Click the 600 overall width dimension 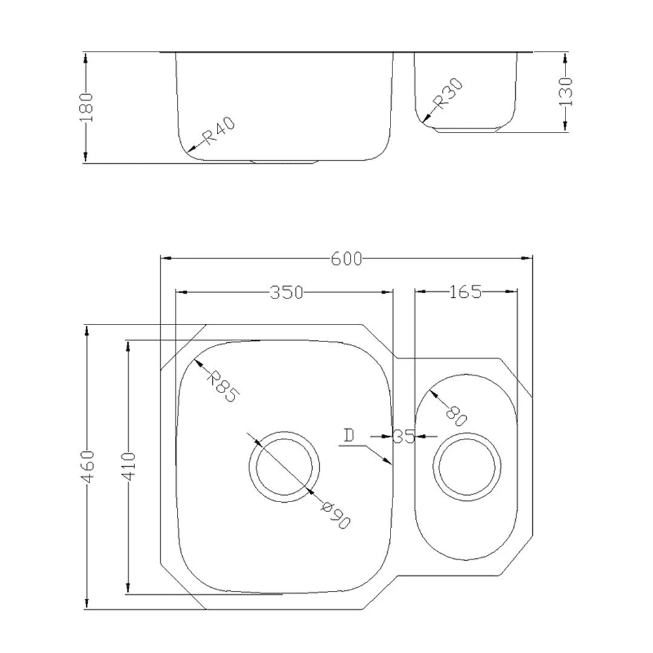pyautogui.click(x=346, y=259)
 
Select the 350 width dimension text pyautogui.click(x=287, y=293)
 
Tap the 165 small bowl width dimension pyautogui.click(x=465, y=292)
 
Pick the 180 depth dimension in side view pyautogui.click(x=87, y=106)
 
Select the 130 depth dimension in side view pyautogui.click(x=565, y=91)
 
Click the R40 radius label pyautogui.click(x=218, y=133)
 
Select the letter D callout pyautogui.click(x=349, y=436)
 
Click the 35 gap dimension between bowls pyautogui.click(x=404, y=436)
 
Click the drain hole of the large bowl pyautogui.click(x=285, y=466)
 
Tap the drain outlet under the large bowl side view pyautogui.click(x=284, y=161)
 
